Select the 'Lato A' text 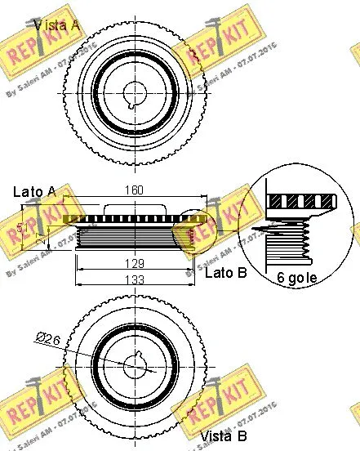34,192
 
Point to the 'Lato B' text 224,273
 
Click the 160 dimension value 133,190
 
